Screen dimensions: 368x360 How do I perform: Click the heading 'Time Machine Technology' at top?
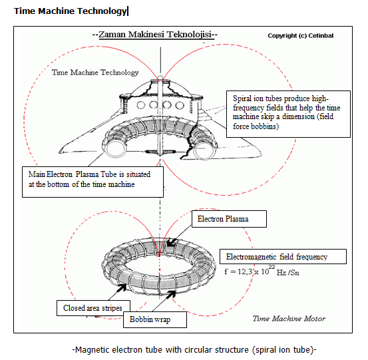point(70,11)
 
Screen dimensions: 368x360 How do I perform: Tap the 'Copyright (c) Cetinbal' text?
point(300,36)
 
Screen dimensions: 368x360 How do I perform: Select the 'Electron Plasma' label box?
point(229,219)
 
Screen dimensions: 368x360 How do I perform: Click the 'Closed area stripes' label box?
point(93,308)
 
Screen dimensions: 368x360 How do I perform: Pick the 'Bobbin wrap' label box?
point(155,319)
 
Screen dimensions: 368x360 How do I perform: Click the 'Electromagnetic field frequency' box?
point(283,256)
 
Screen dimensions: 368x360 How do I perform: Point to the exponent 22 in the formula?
point(272,267)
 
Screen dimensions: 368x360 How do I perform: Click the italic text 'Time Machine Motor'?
point(289,319)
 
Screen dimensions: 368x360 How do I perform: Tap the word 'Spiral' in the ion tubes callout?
point(242,98)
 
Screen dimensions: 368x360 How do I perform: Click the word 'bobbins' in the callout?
point(264,126)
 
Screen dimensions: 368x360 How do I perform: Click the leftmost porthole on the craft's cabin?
point(141,105)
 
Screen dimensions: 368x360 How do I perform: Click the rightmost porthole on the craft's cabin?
point(180,105)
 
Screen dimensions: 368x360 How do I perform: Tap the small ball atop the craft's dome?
point(160,78)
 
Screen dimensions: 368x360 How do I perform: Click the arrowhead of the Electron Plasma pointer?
point(170,243)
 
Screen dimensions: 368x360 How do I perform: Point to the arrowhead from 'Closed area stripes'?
point(122,287)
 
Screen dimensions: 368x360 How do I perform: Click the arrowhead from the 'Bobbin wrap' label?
point(171,294)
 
